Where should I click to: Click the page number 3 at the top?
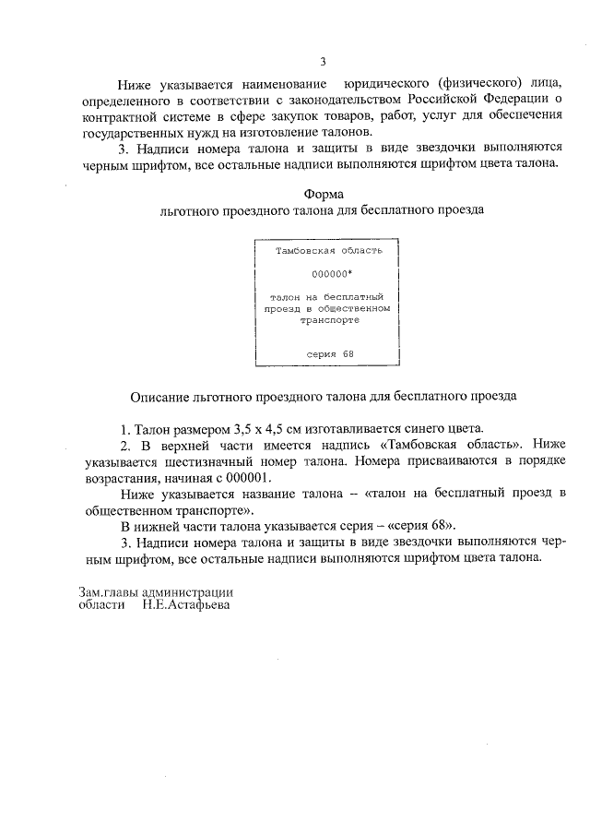click(x=323, y=62)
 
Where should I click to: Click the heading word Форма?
click(x=323, y=194)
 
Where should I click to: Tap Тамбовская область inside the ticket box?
click(x=323, y=250)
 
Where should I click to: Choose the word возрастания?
click(x=116, y=479)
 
